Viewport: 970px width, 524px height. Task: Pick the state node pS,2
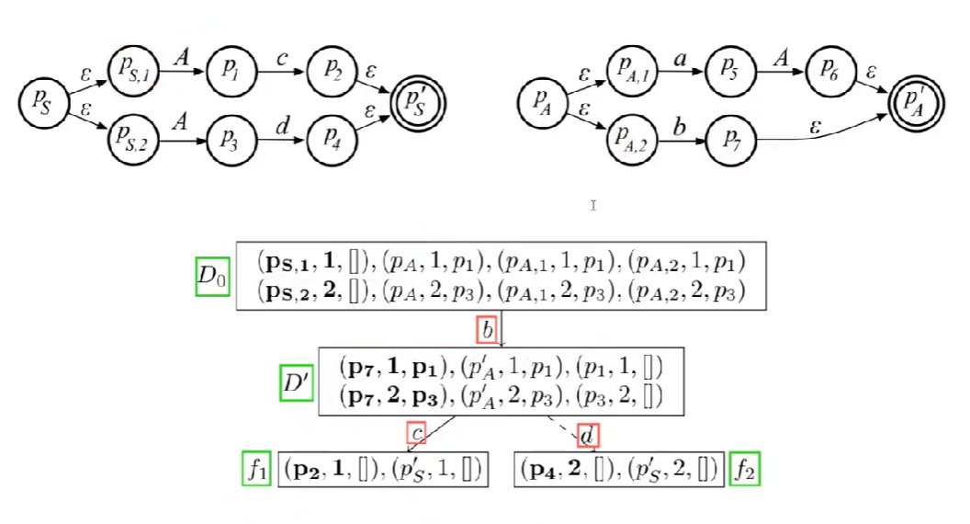(x=133, y=137)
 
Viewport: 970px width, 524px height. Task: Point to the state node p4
(x=331, y=137)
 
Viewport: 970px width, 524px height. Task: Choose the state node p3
(x=231, y=137)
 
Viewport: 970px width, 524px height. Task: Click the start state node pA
(x=542, y=101)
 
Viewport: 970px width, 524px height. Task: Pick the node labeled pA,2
(x=632, y=137)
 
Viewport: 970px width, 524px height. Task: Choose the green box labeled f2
(x=744, y=469)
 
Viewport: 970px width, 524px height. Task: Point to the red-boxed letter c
(x=417, y=432)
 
